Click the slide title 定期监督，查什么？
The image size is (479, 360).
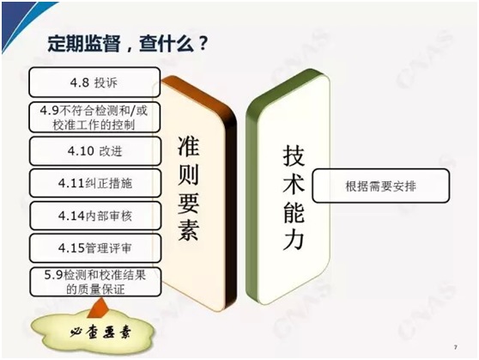(x=128, y=45)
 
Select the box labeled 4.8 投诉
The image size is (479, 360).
(x=94, y=82)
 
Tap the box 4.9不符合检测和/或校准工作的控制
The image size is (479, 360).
(x=94, y=117)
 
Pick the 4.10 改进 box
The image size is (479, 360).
(x=95, y=151)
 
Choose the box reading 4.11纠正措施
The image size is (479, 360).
(x=95, y=183)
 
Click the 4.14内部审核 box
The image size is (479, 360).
(x=95, y=216)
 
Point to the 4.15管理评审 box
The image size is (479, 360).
(x=95, y=248)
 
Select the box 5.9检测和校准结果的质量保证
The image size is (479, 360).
(x=95, y=282)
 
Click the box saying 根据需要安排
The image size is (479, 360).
(x=380, y=186)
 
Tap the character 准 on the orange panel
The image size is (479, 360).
(x=189, y=146)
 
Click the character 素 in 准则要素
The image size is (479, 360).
(x=189, y=229)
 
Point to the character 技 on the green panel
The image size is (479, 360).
(x=294, y=156)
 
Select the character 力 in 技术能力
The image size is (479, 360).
(x=294, y=239)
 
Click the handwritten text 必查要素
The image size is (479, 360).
(x=100, y=332)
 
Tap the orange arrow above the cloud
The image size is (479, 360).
(x=98, y=308)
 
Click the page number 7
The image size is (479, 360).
(x=456, y=347)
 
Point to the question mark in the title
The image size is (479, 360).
(x=203, y=45)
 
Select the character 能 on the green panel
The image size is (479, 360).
(x=294, y=211)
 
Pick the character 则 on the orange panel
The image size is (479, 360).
(x=189, y=174)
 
